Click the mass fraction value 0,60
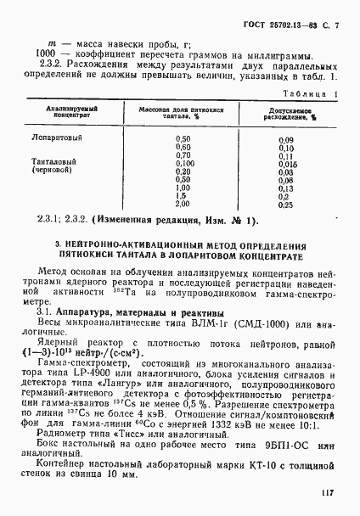[x=182, y=147]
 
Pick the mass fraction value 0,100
[x=182, y=162]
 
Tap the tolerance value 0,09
[x=285, y=138]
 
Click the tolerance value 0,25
[x=285, y=205]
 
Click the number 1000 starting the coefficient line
[x=36, y=56]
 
